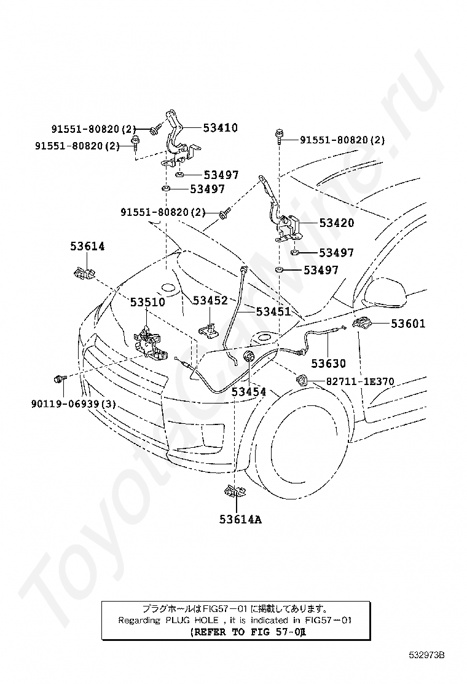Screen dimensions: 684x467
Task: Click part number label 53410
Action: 211,128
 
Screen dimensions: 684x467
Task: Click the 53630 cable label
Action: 328,364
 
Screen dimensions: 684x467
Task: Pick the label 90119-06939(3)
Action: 73,404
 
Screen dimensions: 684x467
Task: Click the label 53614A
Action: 240,519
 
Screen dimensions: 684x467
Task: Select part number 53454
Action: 249,391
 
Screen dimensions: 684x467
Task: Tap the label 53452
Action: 210,300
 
